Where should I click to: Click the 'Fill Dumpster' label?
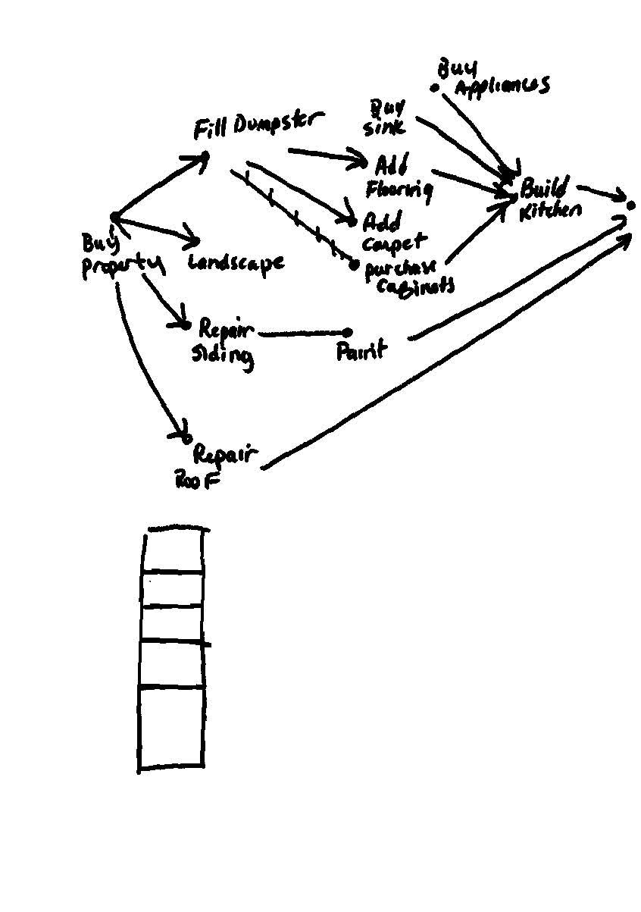point(258,126)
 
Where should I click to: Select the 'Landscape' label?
point(236,263)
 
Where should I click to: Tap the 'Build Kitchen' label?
point(549,199)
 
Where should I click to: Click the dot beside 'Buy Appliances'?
point(435,88)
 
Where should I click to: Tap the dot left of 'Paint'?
point(348,332)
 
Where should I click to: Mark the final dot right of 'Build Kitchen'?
point(630,205)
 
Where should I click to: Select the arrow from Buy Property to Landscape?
point(155,230)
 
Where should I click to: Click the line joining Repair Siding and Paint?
point(303,333)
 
